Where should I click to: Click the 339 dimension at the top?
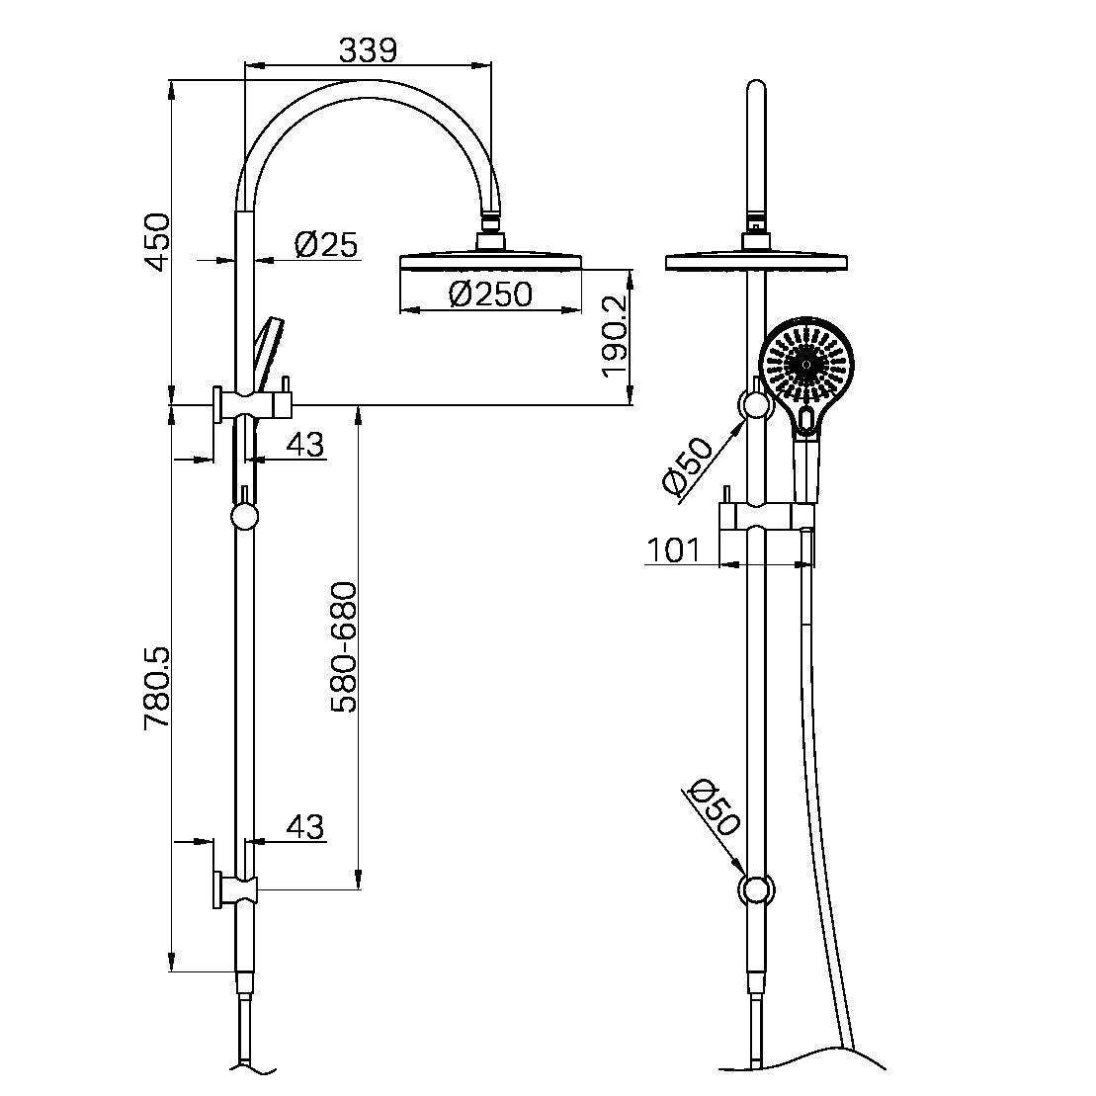(368, 48)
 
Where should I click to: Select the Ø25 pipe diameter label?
(326, 244)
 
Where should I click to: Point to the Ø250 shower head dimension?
(490, 294)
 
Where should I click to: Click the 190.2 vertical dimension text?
(615, 336)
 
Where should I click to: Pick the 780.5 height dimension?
(158, 689)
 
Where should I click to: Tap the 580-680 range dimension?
(344, 647)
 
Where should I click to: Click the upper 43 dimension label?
(304, 445)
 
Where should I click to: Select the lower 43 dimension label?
(304, 826)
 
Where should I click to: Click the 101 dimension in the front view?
(674, 549)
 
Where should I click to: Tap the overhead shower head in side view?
(491, 261)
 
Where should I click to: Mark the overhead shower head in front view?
(756, 261)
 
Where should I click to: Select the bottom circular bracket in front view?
(756, 889)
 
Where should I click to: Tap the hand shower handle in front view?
(805, 469)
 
